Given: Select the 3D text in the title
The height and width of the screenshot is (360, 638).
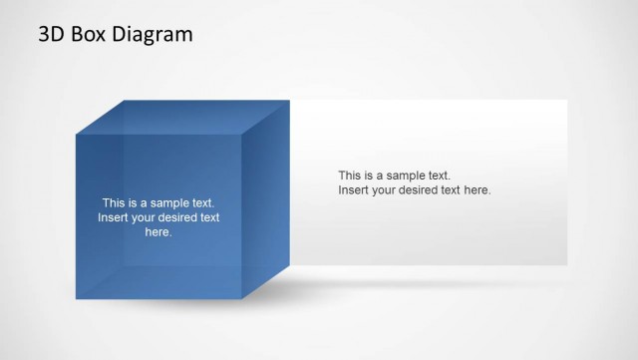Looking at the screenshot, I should coord(52,34).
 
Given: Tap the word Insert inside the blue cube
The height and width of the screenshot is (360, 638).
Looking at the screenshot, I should coord(113,217).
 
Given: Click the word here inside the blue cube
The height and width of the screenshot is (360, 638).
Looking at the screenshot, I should coord(159,232).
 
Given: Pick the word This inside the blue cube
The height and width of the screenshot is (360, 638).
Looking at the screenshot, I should coord(114,202).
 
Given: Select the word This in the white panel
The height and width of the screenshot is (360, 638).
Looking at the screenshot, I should coord(350,175).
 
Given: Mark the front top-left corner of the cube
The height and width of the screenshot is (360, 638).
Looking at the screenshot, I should coord(77,133).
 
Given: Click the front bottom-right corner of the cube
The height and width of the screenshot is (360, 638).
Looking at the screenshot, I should coord(242,298).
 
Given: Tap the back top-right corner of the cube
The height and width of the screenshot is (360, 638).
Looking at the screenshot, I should coord(289,100).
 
